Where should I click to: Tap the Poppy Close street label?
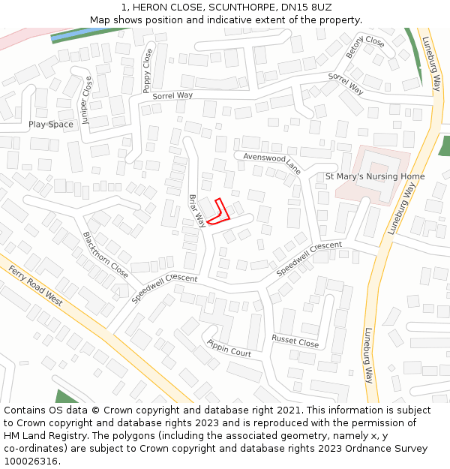(x=147, y=71)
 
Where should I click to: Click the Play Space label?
(x=51, y=125)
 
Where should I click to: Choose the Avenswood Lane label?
(x=271, y=162)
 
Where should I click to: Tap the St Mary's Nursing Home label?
(x=374, y=176)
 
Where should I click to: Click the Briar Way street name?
(x=196, y=211)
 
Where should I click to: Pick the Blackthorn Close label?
(x=105, y=254)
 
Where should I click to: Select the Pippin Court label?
(x=229, y=347)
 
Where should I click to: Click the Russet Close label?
(x=295, y=341)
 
